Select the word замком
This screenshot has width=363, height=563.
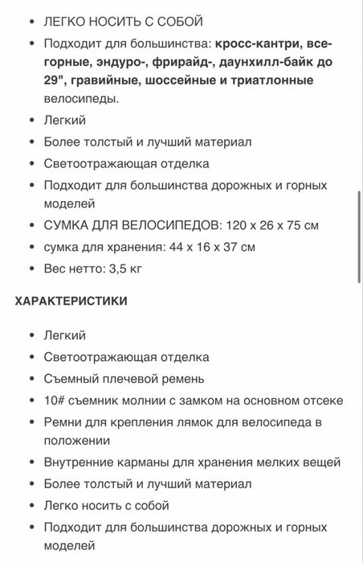click(213, 400)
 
